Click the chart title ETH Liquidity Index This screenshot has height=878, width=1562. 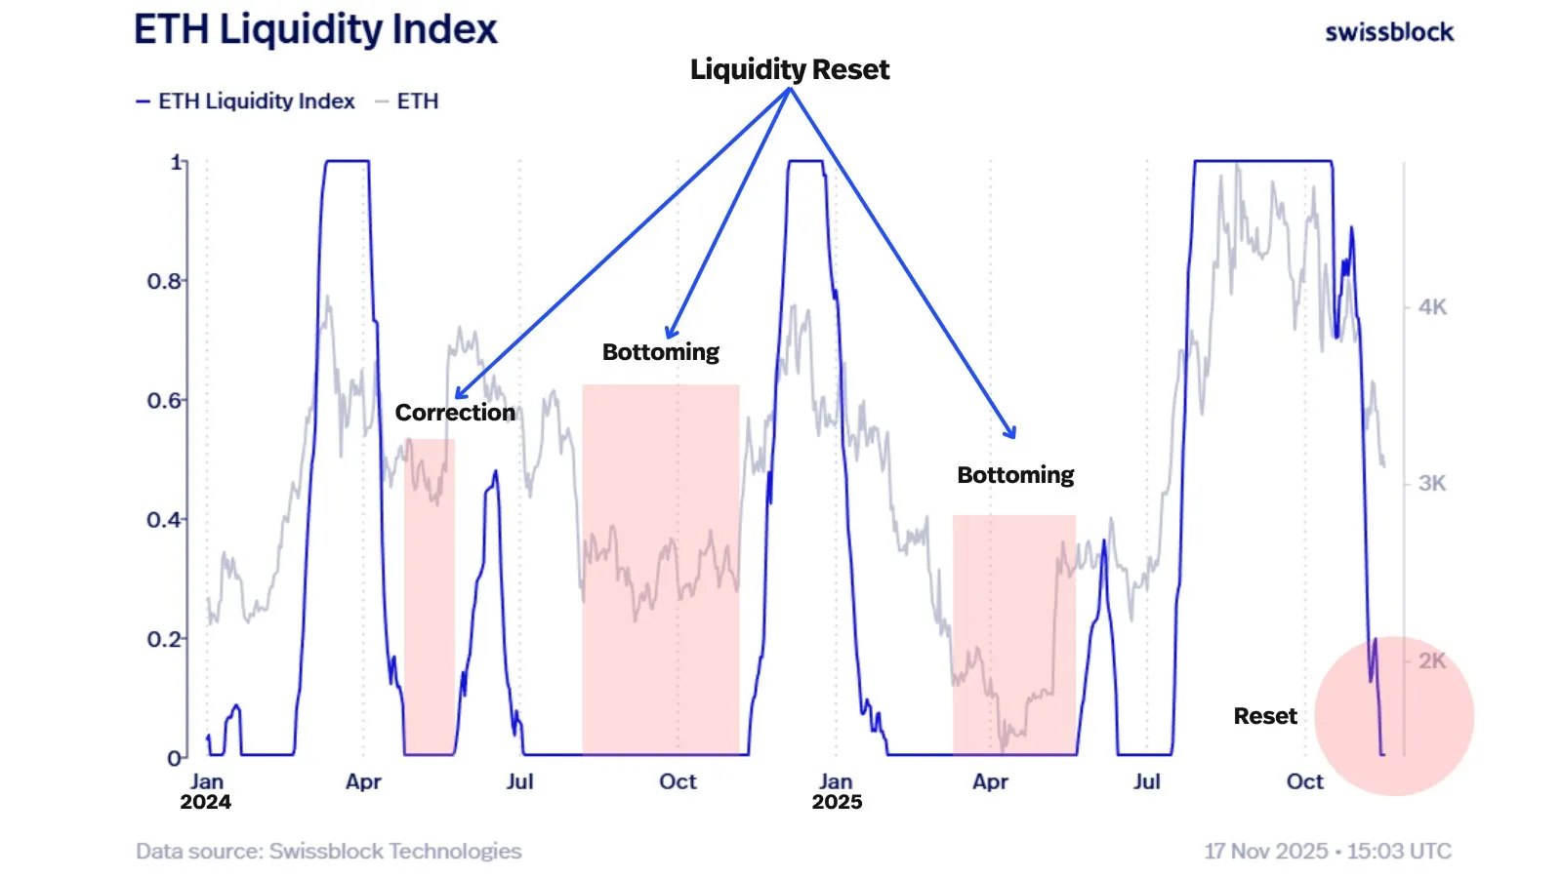click(315, 29)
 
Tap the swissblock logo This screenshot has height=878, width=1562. click(1389, 32)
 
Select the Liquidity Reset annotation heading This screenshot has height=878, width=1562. click(789, 69)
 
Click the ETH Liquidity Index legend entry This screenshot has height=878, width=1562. click(246, 101)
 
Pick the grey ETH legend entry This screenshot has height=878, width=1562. click(408, 101)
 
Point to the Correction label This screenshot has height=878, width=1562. click(455, 413)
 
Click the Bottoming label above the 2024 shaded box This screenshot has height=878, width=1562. click(661, 352)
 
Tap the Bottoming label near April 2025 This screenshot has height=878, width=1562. click(1015, 475)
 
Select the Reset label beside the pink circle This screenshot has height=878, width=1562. click(1265, 716)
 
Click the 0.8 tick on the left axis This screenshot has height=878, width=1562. click(164, 281)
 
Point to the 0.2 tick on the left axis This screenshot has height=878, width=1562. click(164, 639)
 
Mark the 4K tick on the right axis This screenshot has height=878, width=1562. click(1432, 307)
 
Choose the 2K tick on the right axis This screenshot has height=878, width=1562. click(1432, 660)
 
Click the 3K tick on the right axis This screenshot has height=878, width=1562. click(1432, 483)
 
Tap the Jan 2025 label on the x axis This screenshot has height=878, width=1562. click(837, 791)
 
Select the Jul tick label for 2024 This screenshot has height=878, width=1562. click(519, 781)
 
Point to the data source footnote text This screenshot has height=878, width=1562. click(329, 851)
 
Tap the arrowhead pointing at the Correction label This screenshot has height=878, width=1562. click(460, 394)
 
